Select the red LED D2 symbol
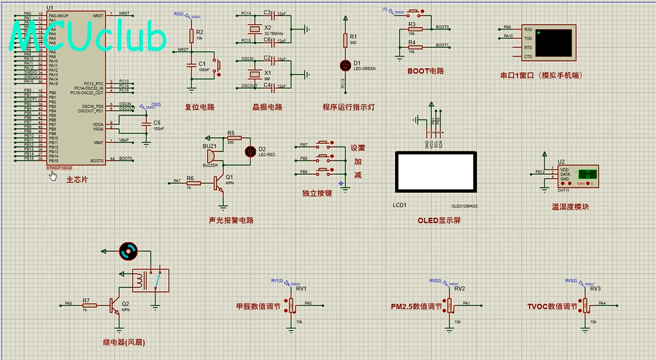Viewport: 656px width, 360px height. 249,151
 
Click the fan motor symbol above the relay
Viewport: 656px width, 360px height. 128,250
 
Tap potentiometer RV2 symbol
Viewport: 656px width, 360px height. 450,304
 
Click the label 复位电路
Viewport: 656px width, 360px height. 199,107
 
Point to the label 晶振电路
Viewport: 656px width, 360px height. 267,107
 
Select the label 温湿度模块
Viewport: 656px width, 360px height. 569,207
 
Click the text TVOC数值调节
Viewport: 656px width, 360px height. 552,306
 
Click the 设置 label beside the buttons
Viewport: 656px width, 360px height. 358,148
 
